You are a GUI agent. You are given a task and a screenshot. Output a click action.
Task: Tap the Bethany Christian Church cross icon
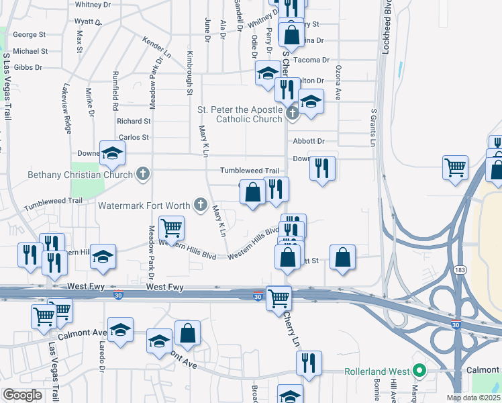pyautogui.click(x=142, y=175)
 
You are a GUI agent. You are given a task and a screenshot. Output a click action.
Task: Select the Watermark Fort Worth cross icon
pyautogui.click(x=199, y=204)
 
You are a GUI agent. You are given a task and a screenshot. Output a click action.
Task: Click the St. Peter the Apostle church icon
pyautogui.click(x=293, y=114)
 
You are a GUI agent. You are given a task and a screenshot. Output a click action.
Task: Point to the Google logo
pyautogui.click(x=22, y=395)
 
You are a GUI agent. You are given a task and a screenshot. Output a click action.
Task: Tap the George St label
pyautogui.click(x=29, y=34)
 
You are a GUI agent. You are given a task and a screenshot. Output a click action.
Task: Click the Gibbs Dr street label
pyautogui.click(x=28, y=68)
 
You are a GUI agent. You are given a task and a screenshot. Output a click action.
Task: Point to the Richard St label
pyautogui.click(x=134, y=122)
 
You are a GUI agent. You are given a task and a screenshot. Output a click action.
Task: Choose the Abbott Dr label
pyautogui.click(x=309, y=141)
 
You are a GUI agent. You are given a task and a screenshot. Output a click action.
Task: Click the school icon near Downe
pyautogui.click(x=112, y=153)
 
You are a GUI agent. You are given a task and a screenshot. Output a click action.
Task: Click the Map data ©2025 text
pyautogui.click(x=473, y=398)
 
